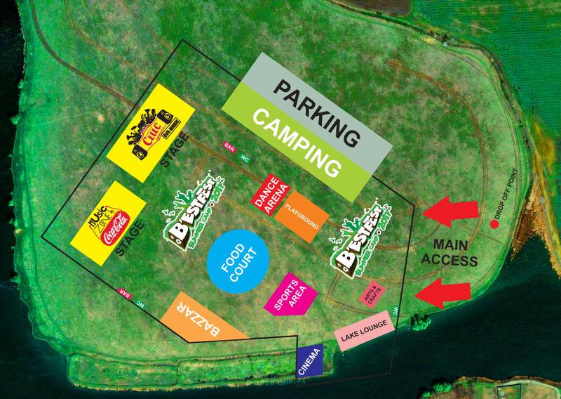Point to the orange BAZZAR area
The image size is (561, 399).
[x=203, y=320]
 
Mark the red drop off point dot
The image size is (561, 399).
[x=494, y=225]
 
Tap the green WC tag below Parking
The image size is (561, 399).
[x=245, y=157]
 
